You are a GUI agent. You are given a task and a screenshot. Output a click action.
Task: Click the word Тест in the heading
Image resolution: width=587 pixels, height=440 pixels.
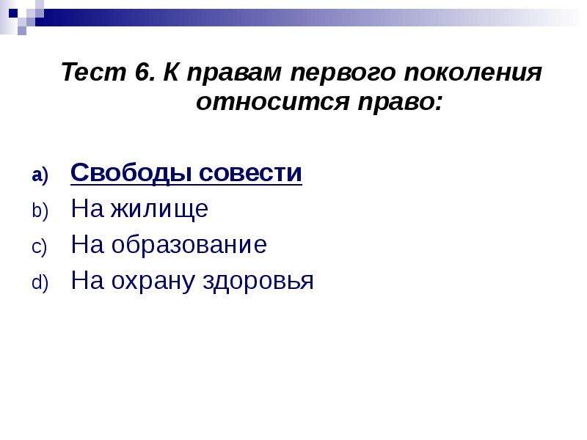94,72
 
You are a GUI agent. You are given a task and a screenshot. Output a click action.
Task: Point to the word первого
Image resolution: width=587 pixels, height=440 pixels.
343,74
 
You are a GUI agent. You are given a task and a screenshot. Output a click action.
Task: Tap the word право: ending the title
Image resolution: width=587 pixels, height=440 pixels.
400,103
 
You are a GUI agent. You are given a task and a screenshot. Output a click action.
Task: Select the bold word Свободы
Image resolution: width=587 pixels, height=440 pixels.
131,173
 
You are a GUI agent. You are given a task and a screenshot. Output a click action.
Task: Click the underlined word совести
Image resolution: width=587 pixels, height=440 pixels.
250,173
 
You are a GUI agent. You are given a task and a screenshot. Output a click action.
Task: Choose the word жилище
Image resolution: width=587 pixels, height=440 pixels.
159,210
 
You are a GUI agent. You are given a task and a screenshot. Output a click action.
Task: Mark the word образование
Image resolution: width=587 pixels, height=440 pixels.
189,245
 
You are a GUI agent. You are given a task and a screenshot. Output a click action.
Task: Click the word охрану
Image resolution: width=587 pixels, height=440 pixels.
153,282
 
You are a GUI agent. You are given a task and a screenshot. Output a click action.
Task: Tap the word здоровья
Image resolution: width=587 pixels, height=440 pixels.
258,282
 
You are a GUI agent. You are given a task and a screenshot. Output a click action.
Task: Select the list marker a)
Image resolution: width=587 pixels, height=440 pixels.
40,175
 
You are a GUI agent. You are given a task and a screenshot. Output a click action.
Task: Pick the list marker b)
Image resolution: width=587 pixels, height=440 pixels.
40,210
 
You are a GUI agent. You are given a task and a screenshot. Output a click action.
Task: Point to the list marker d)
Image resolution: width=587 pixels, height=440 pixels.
40,282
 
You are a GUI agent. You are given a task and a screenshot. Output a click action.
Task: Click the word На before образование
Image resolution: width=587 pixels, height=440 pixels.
87,245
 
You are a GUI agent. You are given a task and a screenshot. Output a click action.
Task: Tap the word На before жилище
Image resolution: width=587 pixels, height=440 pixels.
87,208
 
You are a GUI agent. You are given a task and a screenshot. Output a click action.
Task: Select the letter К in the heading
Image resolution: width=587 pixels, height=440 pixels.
170,72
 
